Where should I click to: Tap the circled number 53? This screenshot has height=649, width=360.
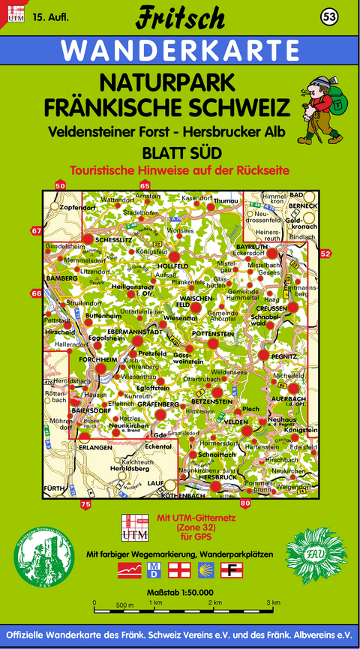coord(328,17)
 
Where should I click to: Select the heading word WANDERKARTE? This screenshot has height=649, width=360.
coord(180,51)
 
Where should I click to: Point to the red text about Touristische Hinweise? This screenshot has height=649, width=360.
coord(180,170)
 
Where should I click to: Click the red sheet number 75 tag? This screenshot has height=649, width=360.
coord(85,504)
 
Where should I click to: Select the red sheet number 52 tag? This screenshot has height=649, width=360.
coord(325,254)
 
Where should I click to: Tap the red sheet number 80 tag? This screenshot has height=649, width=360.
coord(245,503)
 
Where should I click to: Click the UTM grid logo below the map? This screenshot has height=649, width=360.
coord(135,527)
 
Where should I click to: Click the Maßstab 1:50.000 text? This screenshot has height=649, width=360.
coord(179,593)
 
